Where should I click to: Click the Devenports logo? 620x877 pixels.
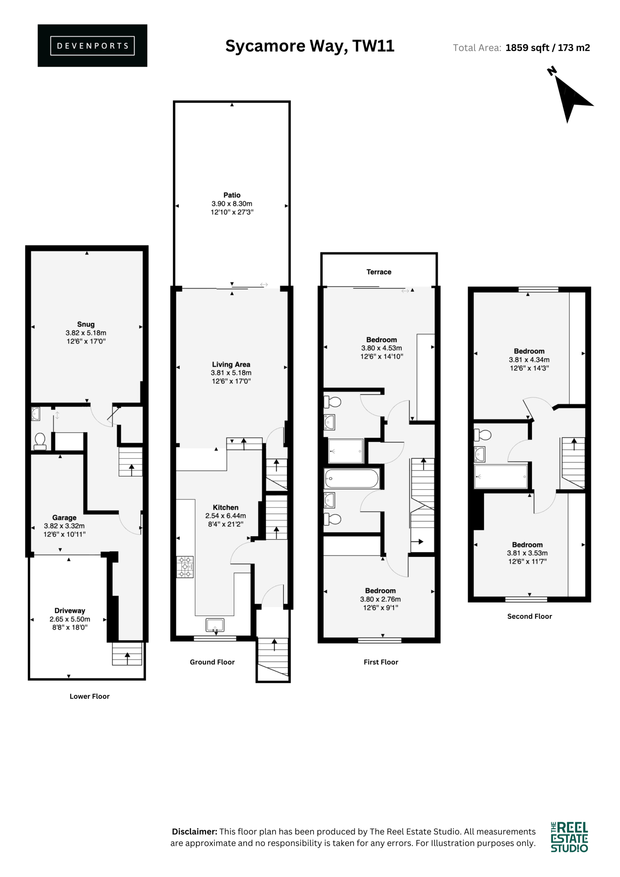click(92, 46)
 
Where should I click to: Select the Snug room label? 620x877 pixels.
click(86, 324)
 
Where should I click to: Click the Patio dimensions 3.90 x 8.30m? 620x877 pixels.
click(232, 203)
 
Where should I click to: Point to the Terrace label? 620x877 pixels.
click(379, 272)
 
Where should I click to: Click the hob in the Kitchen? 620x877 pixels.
click(185, 567)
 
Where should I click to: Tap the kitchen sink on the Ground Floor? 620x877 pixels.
click(215, 625)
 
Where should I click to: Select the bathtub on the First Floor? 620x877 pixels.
click(351, 479)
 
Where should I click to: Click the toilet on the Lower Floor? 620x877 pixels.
click(40, 441)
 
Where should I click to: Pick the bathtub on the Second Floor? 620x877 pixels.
click(501, 477)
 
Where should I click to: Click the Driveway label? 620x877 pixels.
click(70, 611)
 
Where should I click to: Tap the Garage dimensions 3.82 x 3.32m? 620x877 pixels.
click(64, 526)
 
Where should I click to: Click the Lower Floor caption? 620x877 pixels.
click(89, 696)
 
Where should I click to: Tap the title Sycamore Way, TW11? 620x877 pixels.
click(310, 46)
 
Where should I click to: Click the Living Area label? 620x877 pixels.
click(231, 365)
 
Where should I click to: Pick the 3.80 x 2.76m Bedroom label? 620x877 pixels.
click(381, 599)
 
